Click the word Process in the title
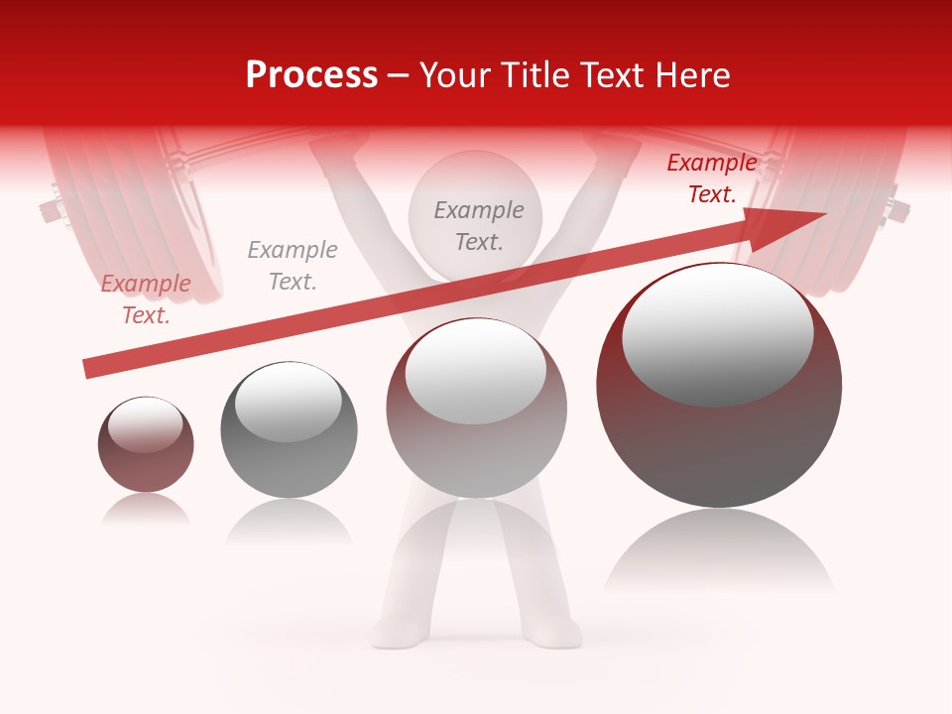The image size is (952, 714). pyautogui.click(x=311, y=75)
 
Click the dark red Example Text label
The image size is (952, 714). pyautogui.click(x=711, y=178)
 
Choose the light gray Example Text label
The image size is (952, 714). pyautogui.click(x=292, y=266)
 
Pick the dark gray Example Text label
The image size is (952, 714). pyautogui.click(x=479, y=225)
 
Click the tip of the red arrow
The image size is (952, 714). pyautogui.click(x=823, y=214)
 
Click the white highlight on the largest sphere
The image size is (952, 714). pyautogui.click(x=717, y=332)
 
